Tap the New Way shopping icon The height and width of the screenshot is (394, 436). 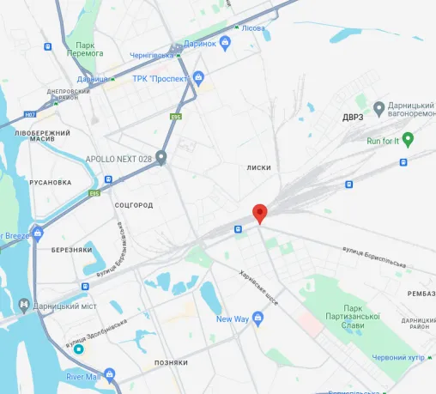coord(257,319)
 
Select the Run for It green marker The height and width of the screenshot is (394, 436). coord(409,139)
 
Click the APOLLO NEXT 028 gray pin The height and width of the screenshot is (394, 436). coord(160,159)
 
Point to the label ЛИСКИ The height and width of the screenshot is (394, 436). coord(258,168)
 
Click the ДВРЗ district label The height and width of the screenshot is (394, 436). coord(353,117)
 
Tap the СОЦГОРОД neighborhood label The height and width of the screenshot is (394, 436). coord(134,205)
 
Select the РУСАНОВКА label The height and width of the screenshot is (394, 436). coord(51,183)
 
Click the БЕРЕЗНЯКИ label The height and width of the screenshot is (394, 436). coord(71,250)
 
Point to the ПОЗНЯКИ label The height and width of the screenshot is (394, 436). coord(170,363)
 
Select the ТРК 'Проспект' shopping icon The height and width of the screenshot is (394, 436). coord(199,80)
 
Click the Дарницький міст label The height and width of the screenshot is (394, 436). coord(62,305)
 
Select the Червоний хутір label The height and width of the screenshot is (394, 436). coord(400,358)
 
